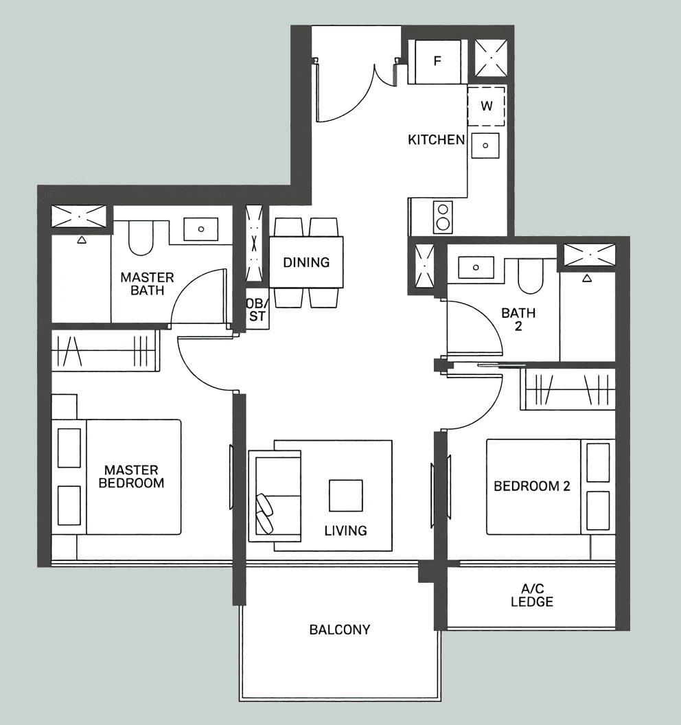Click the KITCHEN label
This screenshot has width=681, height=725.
pos(436,139)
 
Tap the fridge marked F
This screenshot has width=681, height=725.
pos(437,61)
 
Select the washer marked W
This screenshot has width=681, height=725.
pos(486,106)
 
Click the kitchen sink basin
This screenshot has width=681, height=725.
pos(485,146)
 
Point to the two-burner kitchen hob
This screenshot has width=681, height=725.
pos(443,218)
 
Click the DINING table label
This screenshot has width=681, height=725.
pos(306,263)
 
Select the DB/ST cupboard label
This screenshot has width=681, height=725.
pos(257,310)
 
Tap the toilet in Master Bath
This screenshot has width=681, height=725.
pos(141,238)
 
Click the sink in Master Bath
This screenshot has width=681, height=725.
pos(200,229)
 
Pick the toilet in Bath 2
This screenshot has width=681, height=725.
pos(530,276)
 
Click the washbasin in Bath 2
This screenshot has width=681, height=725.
pos(476,268)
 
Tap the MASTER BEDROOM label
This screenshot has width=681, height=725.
pos(131,476)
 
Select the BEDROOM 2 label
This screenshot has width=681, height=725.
pos(531,486)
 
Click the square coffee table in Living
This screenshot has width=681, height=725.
pos(345,495)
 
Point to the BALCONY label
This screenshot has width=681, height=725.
pos(340,630)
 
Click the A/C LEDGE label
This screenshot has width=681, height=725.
pos(532,595)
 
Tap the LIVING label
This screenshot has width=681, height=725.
pos(345,531)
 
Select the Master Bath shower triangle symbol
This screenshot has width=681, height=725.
pos(82,240)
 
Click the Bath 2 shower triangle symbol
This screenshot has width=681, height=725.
pos(587,278)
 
